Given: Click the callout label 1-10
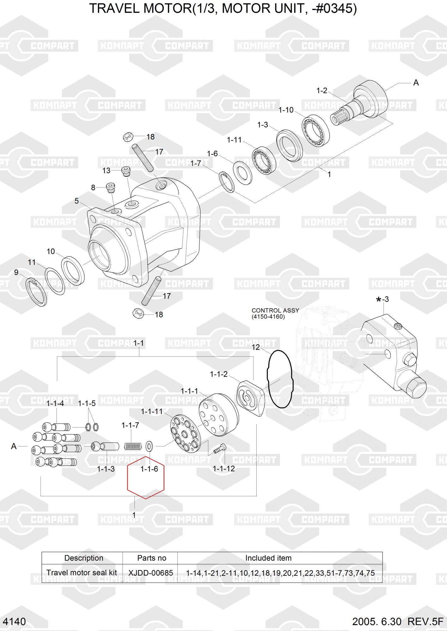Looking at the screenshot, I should [x=286, y=110].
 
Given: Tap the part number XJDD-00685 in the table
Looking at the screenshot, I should [x=151, y=573].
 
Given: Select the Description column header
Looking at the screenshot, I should [x=84, y=558].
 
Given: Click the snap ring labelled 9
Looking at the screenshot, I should [x=36, y=292].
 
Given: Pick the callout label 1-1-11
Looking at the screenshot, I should [x=152, y=411].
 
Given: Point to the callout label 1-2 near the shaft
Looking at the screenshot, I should [x=322, y=91].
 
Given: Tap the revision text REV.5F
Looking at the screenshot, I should [x=426, y=622].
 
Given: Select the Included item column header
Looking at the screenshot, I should [x=268, y=558].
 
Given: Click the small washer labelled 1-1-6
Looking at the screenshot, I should [x=149, y=446].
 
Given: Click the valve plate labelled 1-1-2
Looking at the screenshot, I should [x=250, y=398].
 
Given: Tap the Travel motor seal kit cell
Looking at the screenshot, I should [x=82, y=573].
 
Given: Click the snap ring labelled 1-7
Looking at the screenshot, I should [x=227, y=182].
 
